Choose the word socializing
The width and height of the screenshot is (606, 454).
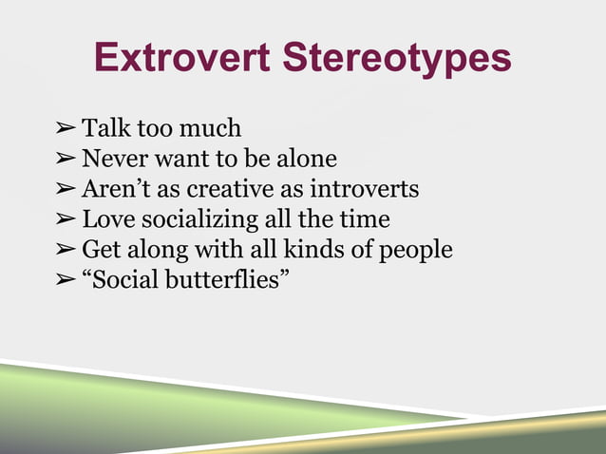199,220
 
